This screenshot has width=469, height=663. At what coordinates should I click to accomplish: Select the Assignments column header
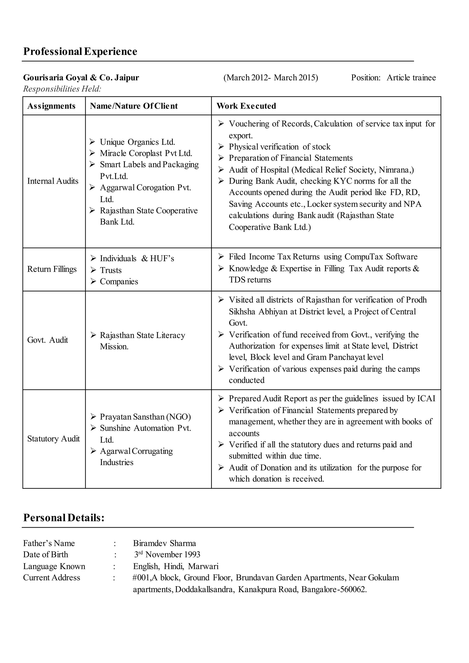(51, 106)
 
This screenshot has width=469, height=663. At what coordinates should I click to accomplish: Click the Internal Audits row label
(53, 181)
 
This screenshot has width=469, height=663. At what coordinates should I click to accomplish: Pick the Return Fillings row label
(52, 269)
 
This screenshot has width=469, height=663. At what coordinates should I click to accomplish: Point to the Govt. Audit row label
(47, 340)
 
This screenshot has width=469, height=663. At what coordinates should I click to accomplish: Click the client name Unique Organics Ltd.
(137, 142)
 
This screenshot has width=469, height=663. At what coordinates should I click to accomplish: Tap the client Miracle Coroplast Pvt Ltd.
(146, 153)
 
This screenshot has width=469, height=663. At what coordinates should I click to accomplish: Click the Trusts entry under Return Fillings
(111, 270)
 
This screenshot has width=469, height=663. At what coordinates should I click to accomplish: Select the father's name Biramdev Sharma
(164, 543)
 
